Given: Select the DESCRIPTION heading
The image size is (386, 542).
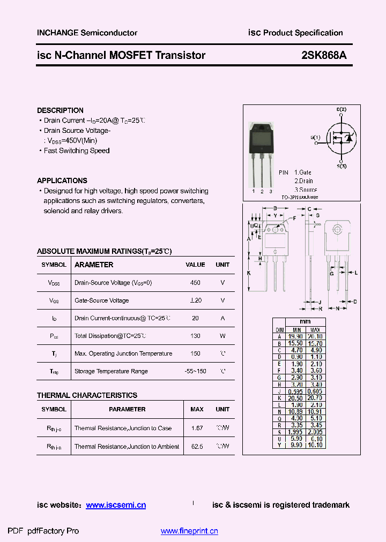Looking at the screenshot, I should [x=60, y=110].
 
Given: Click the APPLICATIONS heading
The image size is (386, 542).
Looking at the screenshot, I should [x=62, y=180].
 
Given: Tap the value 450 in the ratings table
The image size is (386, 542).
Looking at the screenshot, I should [x=195, y=283].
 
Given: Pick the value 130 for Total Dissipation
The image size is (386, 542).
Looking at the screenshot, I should [x=195, y=336].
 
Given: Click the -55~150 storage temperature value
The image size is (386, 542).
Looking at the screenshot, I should [x=195, y=371].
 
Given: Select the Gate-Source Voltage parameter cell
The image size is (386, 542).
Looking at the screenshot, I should [x=102, y=300].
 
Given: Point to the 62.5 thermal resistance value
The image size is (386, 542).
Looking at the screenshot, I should [x=197, y=446].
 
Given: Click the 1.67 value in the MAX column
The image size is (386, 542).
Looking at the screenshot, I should [x=197, y=428].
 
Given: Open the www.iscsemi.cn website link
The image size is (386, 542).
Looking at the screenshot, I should [x=116, y=505].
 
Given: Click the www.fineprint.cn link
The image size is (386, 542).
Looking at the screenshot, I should [x=189, y=531].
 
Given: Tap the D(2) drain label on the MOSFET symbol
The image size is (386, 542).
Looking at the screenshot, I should [x=342, y=109].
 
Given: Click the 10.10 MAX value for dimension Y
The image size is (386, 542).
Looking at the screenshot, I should [x=316, y=445].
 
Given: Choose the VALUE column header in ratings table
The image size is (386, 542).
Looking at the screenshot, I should [x=195, y=265].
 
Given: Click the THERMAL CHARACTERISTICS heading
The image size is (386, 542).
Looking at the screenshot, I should [x=87, y=395].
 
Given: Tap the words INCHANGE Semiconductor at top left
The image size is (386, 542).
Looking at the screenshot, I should [x=87, y=33].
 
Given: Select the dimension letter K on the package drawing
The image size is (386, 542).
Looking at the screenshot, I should [x=249, y=273].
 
